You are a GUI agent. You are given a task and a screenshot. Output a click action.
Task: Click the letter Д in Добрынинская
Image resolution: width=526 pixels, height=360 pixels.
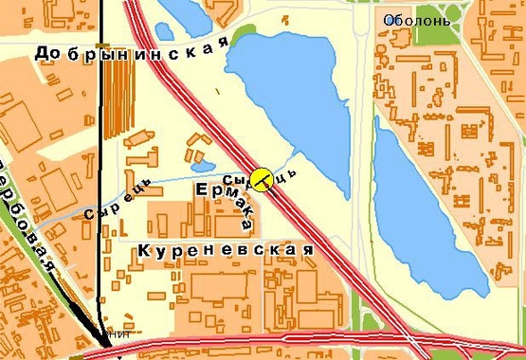(42, 55)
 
